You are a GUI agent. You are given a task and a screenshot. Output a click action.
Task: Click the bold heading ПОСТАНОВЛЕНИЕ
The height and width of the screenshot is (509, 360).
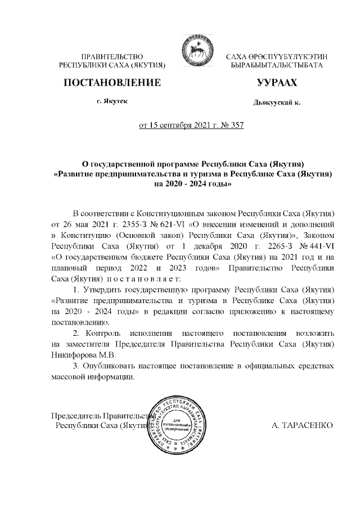tap(112, 83)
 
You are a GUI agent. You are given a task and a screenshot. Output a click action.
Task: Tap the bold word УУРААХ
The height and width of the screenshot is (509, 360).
tap(276, 83)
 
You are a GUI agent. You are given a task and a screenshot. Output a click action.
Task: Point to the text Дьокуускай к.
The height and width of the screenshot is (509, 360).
tap(277, 103)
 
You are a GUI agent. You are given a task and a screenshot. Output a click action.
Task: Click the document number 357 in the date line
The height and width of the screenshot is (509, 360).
tap(236, 125)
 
